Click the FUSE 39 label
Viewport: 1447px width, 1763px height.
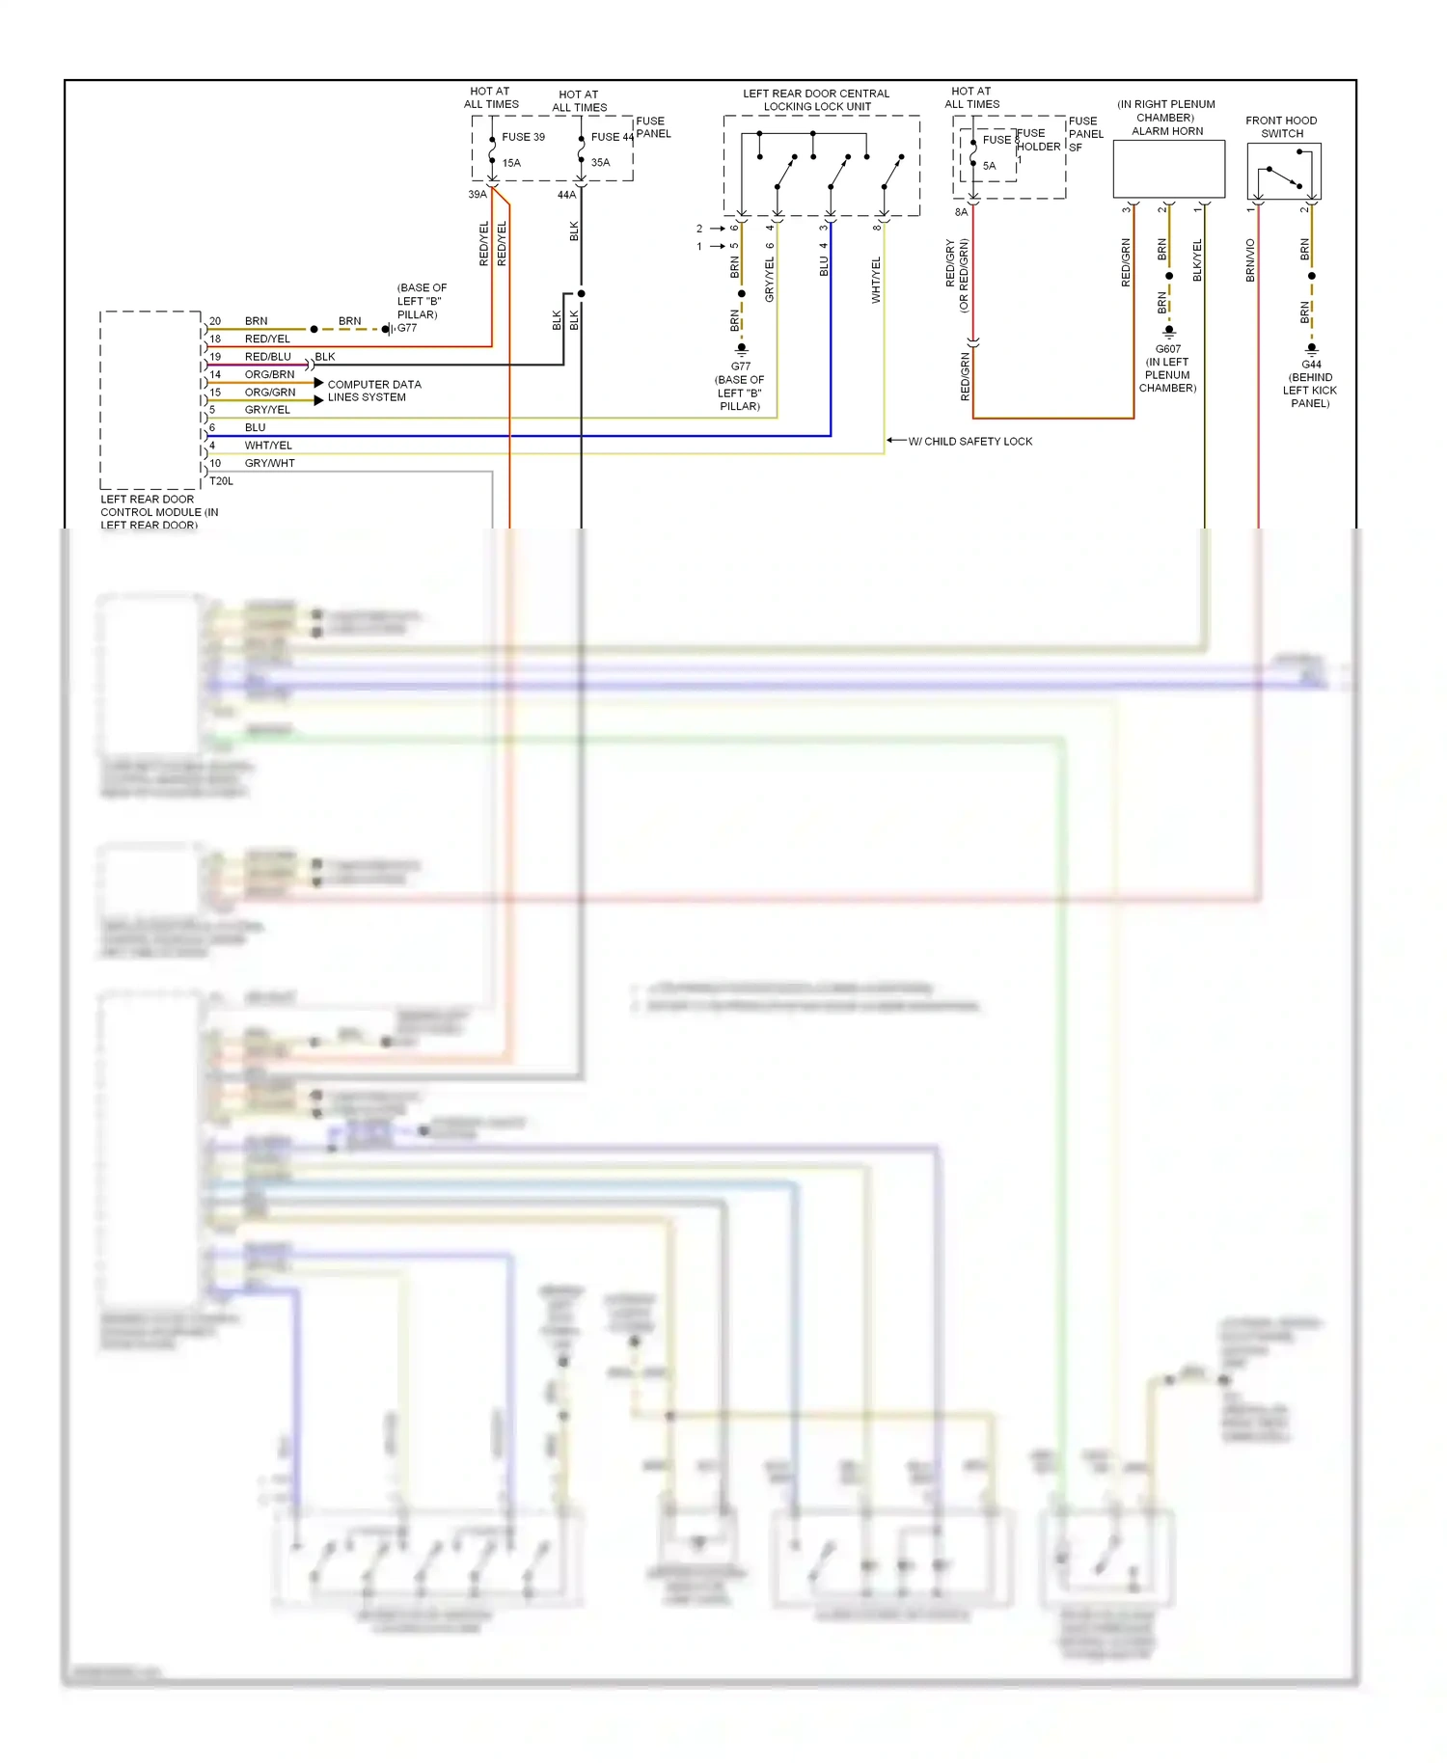tap(523, 137)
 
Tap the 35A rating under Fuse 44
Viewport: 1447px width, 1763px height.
tap(600, 163)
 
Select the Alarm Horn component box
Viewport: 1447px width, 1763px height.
tap(1168, 169)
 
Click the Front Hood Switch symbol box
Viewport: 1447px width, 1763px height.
tap(1283, 172)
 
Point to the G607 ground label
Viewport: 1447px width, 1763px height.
tap(1167, 349)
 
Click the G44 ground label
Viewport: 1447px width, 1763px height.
tap(1311, 365)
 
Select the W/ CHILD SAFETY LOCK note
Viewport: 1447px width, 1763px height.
tap(969, 442)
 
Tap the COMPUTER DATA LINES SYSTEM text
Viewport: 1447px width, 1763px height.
tap(373, 391)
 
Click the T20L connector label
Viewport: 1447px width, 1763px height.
tap(221, 480)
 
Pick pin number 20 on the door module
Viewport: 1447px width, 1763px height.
tap(215, 321)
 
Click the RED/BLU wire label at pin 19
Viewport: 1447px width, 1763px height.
tap(267, 357)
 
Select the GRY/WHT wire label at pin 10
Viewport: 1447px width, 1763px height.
tap(269, 463)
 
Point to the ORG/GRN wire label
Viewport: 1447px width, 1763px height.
tap(269, 393)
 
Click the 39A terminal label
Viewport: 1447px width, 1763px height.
tap(477, 195)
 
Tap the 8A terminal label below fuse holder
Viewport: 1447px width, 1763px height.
tap(961, 212)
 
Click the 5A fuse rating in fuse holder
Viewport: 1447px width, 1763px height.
tap(989, 166)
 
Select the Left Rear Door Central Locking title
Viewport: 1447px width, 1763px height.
tap(816, 100)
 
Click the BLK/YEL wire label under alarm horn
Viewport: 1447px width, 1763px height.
tap(1197, 260)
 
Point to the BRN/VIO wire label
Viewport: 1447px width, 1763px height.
tap(1250, 260)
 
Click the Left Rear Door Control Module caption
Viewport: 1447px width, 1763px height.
tap(159, 512)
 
